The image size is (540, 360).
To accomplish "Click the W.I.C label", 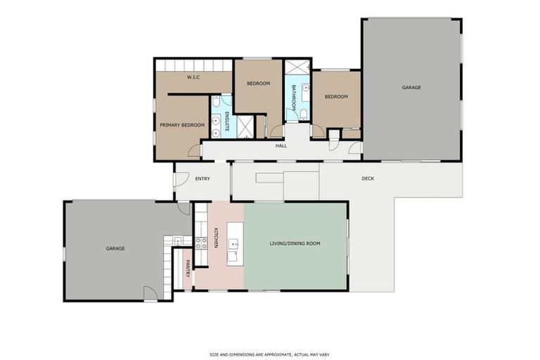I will [x=193, y=77].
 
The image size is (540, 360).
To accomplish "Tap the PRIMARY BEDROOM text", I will [x=182, y=125].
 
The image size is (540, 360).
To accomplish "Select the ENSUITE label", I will [x=226, y=124].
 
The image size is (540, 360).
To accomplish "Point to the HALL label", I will [x=281, y=146].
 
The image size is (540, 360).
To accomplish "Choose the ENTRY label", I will [x=202, y=179].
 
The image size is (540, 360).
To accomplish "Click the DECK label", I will [x=368, y=179].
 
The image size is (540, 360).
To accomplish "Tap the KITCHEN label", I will [x=216, y=237].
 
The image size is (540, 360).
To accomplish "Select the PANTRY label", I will [x=188, y=269].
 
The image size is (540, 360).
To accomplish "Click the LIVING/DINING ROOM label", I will [x=295, y=243].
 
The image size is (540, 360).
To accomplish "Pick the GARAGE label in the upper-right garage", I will [x=411, y=88].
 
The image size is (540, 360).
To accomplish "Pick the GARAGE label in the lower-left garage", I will [x=115, y=248].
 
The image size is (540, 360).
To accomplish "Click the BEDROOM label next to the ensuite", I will [x=258, y=84].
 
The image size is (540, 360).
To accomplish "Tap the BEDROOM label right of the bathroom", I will [x=336, y=96].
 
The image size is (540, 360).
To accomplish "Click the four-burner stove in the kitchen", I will [x=200, y=243].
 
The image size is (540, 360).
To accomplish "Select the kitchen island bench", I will [x=235, y=244].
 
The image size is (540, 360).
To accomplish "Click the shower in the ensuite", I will [x=245, y=127].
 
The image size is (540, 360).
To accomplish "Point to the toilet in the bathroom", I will [x=304, y=113].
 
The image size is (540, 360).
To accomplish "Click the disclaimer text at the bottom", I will [x=269, y=354].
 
